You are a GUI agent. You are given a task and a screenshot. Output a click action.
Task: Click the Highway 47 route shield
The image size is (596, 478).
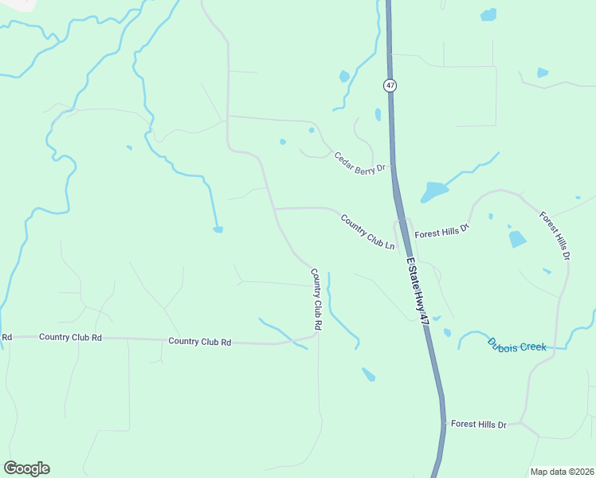click(x=390, y=85)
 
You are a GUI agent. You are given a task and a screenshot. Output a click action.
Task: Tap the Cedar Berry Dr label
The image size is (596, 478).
click(x=359, y=162)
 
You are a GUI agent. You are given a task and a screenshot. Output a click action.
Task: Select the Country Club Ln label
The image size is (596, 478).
click(x=368, y=232)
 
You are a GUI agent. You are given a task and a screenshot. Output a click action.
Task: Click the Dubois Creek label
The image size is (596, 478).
click(x=517, y=345)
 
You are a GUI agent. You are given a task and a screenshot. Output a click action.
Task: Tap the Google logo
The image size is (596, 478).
click(x=26, y=468)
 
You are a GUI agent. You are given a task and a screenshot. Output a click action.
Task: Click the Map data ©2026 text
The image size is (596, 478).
click(x=562, y=472)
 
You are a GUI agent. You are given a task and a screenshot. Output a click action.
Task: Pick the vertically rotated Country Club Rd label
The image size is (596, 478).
click(x=316, y=300)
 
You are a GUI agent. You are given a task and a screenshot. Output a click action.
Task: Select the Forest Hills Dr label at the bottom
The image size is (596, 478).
click(x=478, y=425)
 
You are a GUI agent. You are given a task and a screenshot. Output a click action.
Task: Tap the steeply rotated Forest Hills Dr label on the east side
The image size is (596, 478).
click(x=555, y=236)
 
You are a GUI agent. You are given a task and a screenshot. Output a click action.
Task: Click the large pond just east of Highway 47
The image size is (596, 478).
click(x=433, y=191)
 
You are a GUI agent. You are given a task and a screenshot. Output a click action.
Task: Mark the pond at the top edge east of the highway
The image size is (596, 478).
click(x=488, y=14)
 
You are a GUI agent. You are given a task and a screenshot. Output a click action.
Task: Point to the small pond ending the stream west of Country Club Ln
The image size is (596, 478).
click(x=218, y=230)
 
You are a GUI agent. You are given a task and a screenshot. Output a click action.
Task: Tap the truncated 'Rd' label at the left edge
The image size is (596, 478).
click(x=6, y=337)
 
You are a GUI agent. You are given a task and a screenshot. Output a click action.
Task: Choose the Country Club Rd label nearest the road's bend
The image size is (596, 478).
click(x=199, y=342)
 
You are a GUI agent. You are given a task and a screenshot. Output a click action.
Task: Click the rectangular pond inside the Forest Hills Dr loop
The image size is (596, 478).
click(x=517, y=238)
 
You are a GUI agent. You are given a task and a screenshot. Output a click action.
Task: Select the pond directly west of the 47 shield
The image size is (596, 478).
click(x=344, y=76)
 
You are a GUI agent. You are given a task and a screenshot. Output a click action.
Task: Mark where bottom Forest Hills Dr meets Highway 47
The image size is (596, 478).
click(x=443, y=425)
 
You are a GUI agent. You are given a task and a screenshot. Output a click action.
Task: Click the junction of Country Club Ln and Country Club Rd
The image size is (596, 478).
click(x=276, y=209)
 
